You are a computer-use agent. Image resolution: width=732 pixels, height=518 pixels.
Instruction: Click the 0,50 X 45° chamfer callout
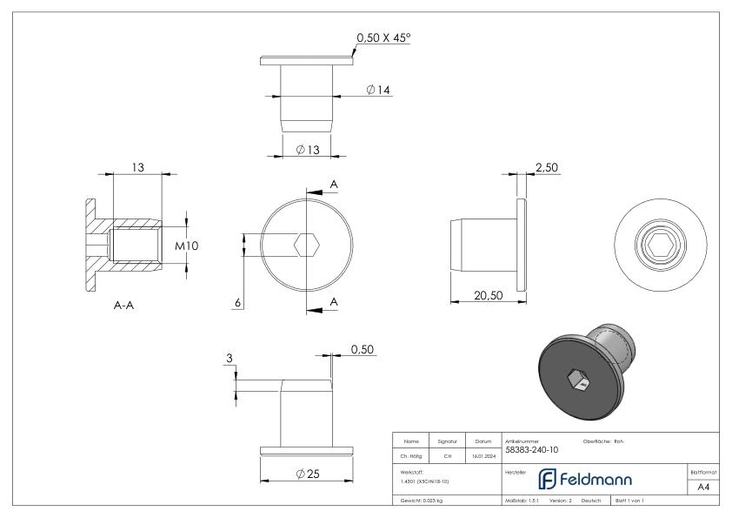pos(383,38)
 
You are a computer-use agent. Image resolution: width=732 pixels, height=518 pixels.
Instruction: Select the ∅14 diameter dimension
pos(376,91)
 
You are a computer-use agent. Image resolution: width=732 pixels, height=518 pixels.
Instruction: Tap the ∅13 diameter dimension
pos(308,150)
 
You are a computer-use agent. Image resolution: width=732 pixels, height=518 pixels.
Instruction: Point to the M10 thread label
pos(187,246)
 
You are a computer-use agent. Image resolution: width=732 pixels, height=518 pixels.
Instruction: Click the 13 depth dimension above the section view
pos(137,166)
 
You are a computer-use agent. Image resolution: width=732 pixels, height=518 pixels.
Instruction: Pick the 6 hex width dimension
pos(236,302)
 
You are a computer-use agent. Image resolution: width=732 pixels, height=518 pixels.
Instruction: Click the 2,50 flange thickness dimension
pos(546,168)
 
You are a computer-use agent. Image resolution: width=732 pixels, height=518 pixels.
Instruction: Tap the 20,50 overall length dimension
pos(489,295)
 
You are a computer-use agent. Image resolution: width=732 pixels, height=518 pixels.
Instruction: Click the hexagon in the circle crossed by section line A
pos(306,246)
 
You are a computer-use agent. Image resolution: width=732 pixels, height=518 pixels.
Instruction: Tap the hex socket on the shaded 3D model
pos(577,379)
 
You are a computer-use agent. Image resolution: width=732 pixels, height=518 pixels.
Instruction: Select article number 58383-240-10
pos(532,450)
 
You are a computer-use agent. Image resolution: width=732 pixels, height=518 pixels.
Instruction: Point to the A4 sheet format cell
pos(702,488)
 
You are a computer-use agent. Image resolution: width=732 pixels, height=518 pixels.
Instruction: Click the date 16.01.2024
pos(483,455)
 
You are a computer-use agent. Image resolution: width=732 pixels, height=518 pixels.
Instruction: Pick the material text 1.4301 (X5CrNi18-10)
pos(426,481)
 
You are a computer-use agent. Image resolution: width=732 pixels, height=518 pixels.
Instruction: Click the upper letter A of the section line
pos(334,185)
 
